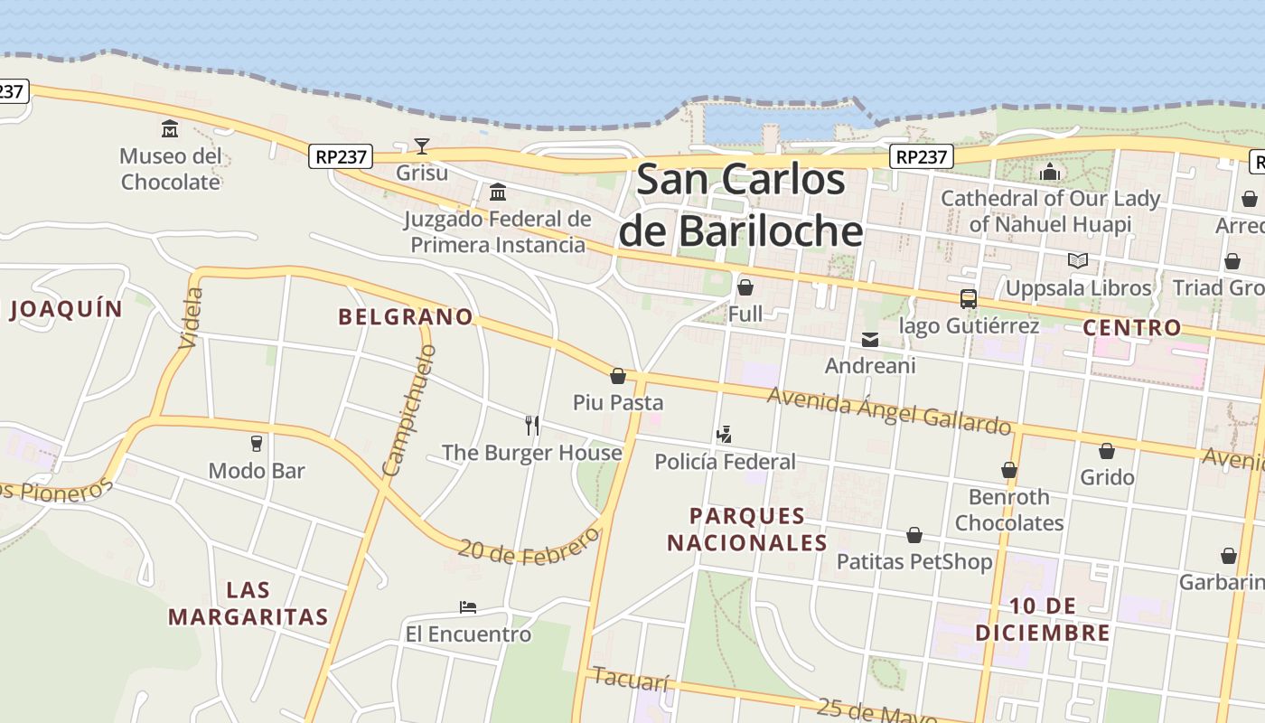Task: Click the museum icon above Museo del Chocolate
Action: [170, 129]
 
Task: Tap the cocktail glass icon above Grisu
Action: [421, 146]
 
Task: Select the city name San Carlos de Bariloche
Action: [741, 205]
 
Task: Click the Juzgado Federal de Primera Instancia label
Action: [497, 231]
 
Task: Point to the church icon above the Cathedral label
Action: [1050, 171]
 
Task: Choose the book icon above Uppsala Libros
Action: [1077, 261]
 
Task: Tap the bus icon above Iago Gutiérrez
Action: [968, 298]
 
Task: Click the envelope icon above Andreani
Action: [870, 340]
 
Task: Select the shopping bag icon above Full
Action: [745, 287]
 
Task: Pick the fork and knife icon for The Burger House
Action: [532, 425]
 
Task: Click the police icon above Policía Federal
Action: [724, 435]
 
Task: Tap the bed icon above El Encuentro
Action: [467, 606]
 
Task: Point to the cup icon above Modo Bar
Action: [257, 444]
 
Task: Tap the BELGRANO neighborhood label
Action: [406, 316]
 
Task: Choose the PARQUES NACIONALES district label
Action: [747, 529]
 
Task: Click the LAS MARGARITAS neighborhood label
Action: [248, 604]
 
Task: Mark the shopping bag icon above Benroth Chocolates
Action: [1008, 470]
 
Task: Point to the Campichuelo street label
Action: [409, 410]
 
